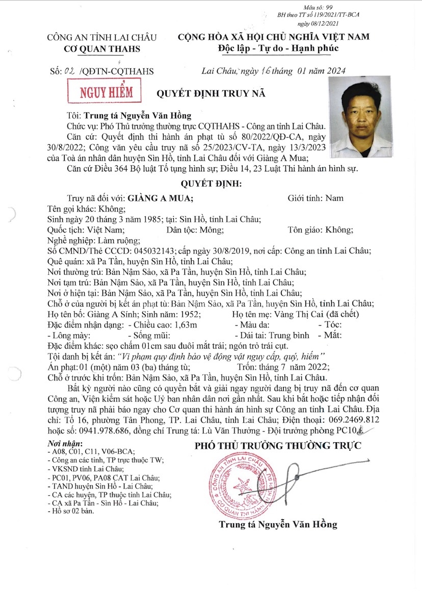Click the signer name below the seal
[x=278, y=524]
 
